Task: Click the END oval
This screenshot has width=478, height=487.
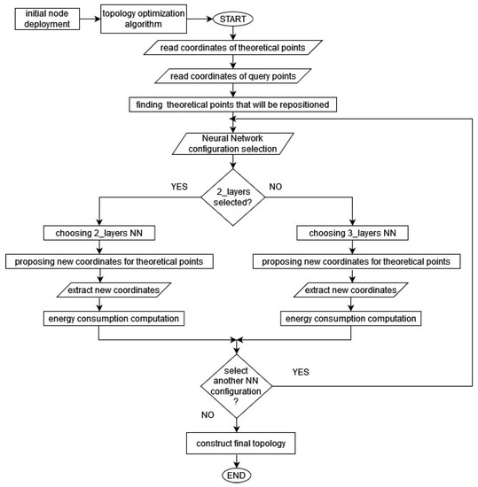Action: (237, 474)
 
